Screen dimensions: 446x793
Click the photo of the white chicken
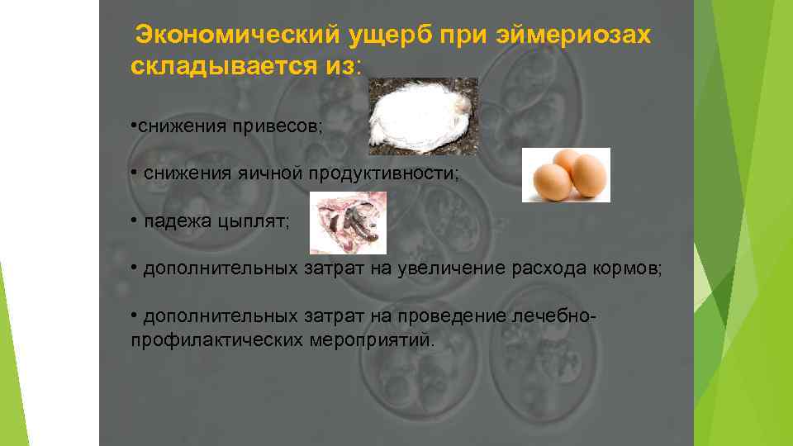[422, 116]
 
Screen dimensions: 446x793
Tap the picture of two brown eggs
[566, 174]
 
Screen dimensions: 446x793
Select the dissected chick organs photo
[348, 222]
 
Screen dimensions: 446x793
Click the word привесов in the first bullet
[279, 126]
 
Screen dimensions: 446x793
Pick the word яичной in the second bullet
[266, 174]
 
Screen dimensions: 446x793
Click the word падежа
[172, 222]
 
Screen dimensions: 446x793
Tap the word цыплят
[248, 222]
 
